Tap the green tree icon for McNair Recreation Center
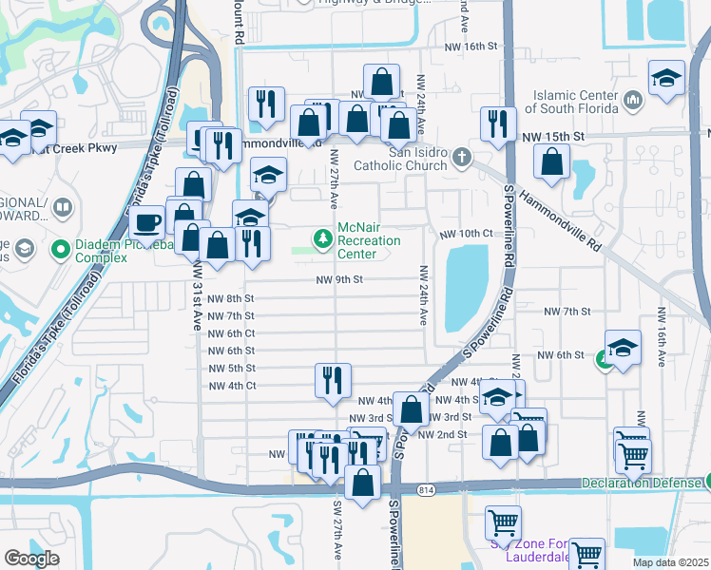pos(323,237)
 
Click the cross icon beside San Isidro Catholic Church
pos(461,156)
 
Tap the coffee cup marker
pos(145,223)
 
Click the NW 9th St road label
pos(339,279)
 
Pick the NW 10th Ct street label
pos(466,234)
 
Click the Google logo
pos(31,559)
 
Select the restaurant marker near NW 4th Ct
pos(333,381)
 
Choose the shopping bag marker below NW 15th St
pos(552,162)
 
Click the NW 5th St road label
pos(231,368)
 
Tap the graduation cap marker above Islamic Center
pos(667,79)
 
